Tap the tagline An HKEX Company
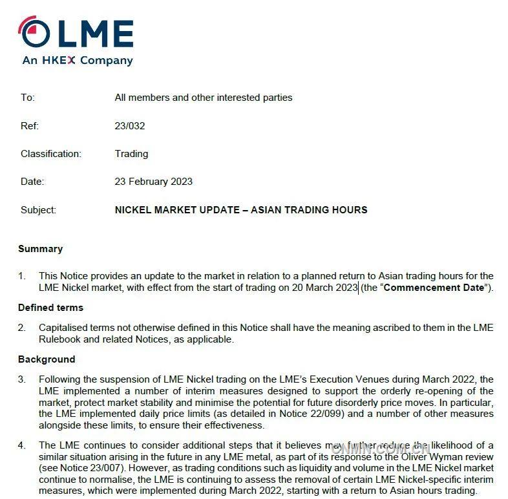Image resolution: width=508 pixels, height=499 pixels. coord(77,61)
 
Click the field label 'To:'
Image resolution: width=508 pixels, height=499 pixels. coord(27,98)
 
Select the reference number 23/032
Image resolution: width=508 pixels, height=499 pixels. coord(129,126)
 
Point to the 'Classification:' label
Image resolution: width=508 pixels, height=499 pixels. coord(50,154)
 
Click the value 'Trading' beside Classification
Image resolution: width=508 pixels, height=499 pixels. coord(131,154)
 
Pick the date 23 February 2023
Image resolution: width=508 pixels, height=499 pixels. coord(153,182)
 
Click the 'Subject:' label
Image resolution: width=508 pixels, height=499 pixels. coord(38,210)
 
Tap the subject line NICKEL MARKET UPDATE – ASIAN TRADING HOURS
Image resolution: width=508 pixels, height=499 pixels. coord(240,210)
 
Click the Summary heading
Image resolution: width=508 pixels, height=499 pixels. coord(40,249)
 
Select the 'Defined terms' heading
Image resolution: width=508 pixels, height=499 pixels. coord(50,308)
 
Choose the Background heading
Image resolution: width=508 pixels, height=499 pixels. coord(47,359)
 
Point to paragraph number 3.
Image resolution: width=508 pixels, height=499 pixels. coord(22,379)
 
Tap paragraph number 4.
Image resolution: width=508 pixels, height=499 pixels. coord(22,445)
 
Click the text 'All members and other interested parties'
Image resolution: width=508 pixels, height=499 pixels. coord(203,98)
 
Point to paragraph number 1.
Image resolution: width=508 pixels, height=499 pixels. coord(22,276)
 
